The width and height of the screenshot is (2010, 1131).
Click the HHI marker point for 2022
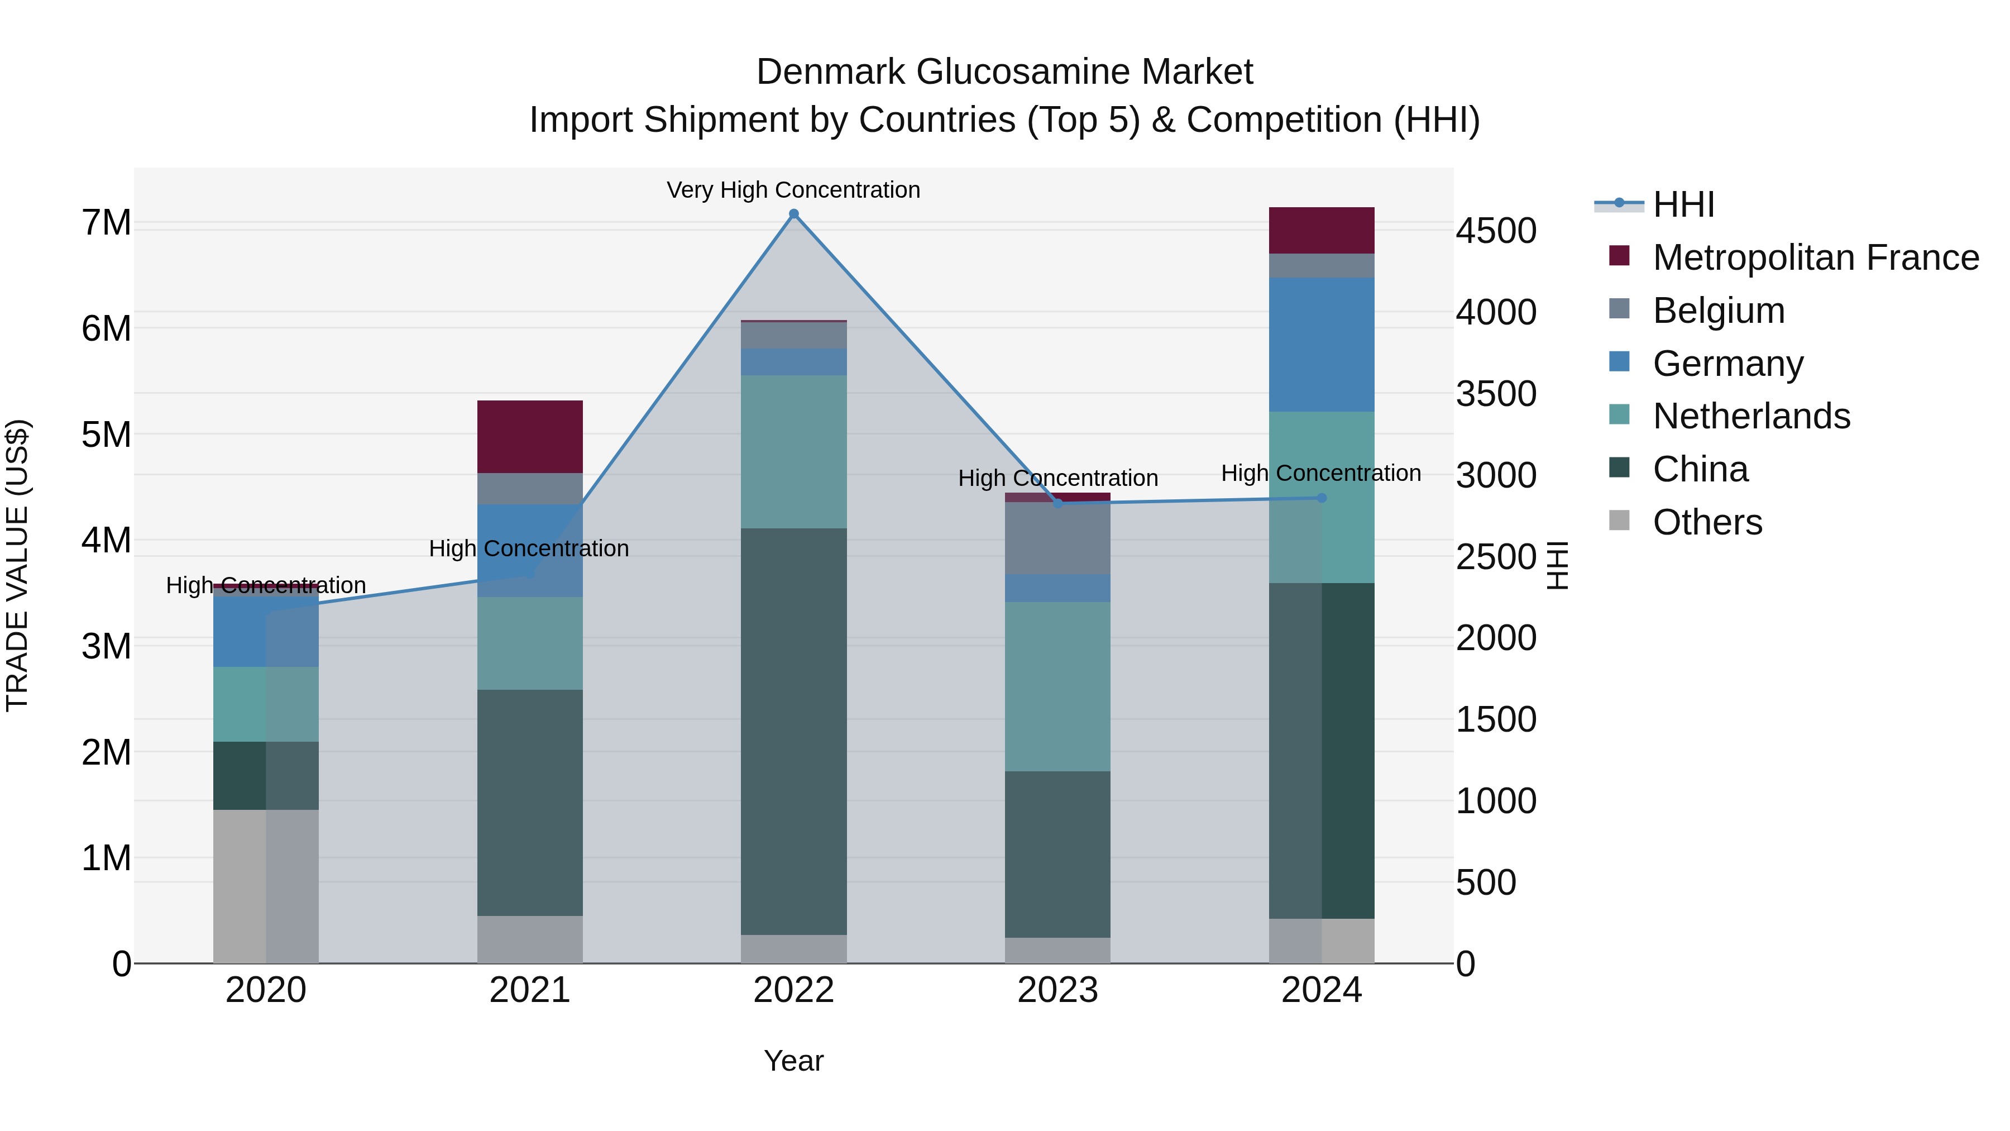click(x=793, y=214)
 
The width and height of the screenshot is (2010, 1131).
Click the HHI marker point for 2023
click(x=1058, y=503)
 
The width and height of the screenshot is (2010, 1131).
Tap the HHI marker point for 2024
click(x=1322, y=498)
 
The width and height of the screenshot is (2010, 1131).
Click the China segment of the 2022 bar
click(x=793, y=731)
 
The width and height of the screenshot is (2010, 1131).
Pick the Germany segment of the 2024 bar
click(x=1322, y=344)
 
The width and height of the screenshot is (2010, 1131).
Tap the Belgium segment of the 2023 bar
click(x=1057, y=538)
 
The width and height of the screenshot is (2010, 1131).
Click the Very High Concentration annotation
click(x=793, y=190)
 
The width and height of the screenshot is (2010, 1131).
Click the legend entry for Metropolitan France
click(x=1815, y=257)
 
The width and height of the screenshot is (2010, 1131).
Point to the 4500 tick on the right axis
click(x=1496, y=231)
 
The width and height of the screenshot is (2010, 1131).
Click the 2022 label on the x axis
click(x=793, y=990)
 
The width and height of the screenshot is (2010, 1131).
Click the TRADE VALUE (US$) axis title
click(x=17, y=565)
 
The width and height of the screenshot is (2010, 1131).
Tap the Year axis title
click(x=793, y=1061)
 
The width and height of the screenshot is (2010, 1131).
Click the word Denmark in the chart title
click(x=832, y=72)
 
